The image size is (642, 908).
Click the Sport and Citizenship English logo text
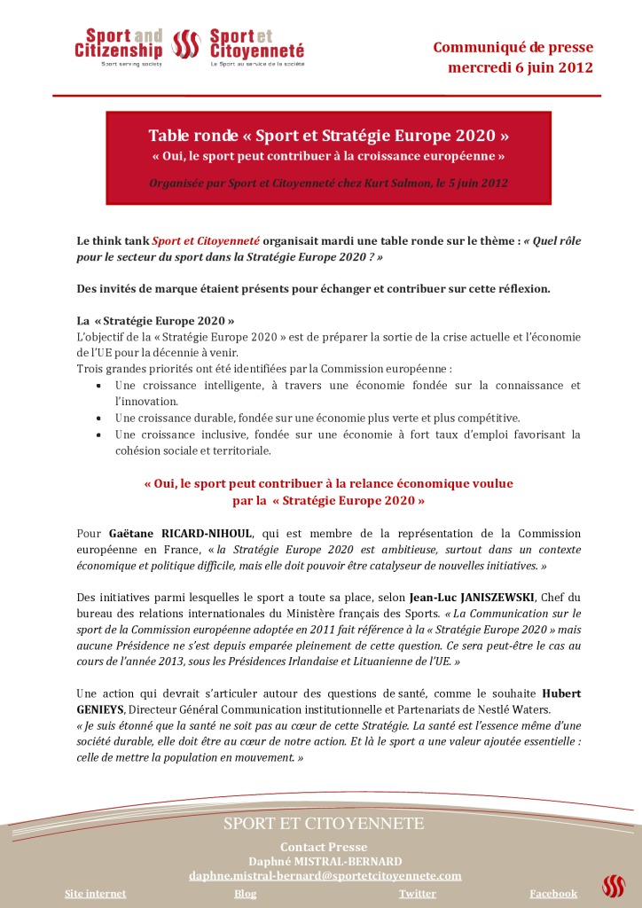pos(118,44)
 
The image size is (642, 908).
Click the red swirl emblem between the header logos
pos(186,45)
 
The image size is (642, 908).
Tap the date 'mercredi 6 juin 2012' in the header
pos(521,67)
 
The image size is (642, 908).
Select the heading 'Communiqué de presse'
pos(513,47)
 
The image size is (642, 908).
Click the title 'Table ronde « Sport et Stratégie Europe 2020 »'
pos(328,137)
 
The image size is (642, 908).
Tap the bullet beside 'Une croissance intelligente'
pos(98,386)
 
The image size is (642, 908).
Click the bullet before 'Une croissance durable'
pos(98,418)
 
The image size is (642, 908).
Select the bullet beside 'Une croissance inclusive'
pos(98,434)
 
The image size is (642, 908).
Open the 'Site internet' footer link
pos(96,894)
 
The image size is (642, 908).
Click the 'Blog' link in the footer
pos(245,894)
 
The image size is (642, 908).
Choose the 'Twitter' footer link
pos(417,894)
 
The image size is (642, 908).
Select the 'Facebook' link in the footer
pos(553,894)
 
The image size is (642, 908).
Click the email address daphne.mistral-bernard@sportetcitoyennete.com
pos(325,875)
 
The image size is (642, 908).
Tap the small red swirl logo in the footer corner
pos(613,885)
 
